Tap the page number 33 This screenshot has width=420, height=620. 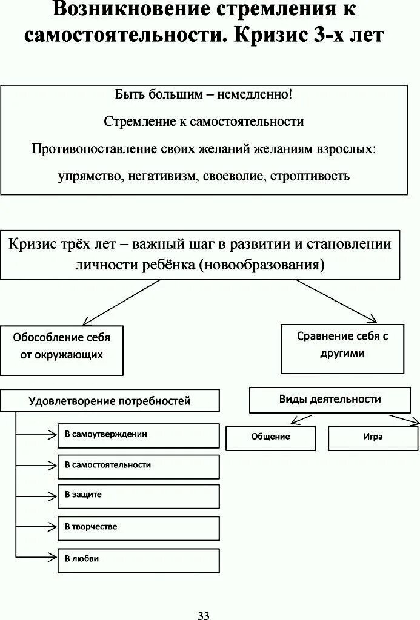coord(204,615)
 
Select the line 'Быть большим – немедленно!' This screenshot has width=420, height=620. coord(204,95)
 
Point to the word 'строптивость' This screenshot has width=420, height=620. coord(310,176)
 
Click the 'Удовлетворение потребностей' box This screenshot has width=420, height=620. coord(110,401)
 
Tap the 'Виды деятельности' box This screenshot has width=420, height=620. coord(330,400)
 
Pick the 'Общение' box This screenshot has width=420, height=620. coord(270,437)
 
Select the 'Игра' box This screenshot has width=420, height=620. coord(373,437)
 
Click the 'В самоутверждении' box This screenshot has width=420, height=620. coord(138,435)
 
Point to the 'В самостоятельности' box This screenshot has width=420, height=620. coord(138,466)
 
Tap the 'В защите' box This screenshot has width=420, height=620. coord(138,495)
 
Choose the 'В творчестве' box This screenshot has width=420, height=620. coord(138,527)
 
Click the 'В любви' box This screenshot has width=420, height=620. coord(138,559)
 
